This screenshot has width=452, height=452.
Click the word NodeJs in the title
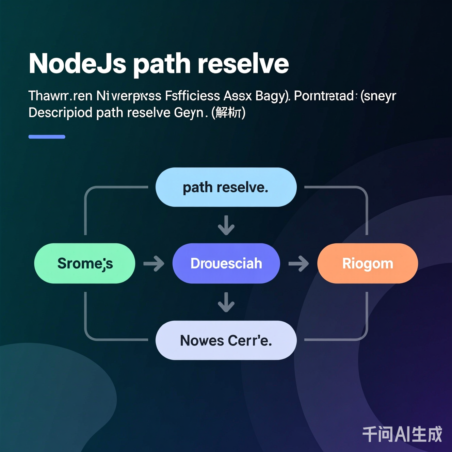(x=78, y=64)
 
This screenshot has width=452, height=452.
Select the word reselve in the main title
(x=243, y=64)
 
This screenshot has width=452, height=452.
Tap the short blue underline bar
(x=47, y=137)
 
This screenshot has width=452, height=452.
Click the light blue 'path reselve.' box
(x=226, y=187)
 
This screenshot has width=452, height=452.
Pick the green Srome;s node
(x=85, y=263)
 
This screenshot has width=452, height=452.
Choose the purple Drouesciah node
(x=226, y=263)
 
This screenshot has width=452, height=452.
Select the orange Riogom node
(x=368, y=263)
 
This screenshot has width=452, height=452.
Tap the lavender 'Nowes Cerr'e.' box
(x=226, y=340)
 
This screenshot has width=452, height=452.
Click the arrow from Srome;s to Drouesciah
(x=154, y=263)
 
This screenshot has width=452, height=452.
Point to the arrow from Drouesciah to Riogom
(x=298, y=263)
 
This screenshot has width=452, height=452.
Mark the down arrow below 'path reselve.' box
(x=226, y=225)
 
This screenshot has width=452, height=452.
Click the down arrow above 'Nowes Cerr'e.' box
(x=226, y=302)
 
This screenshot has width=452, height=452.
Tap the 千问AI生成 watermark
(x=402, y=434)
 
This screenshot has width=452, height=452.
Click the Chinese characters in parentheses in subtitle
(x=228, y=112)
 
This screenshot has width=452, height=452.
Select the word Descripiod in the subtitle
(x=60, y=113)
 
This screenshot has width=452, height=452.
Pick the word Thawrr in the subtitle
(x=48, y=96)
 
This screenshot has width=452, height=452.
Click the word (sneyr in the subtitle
(x=378, y=96)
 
